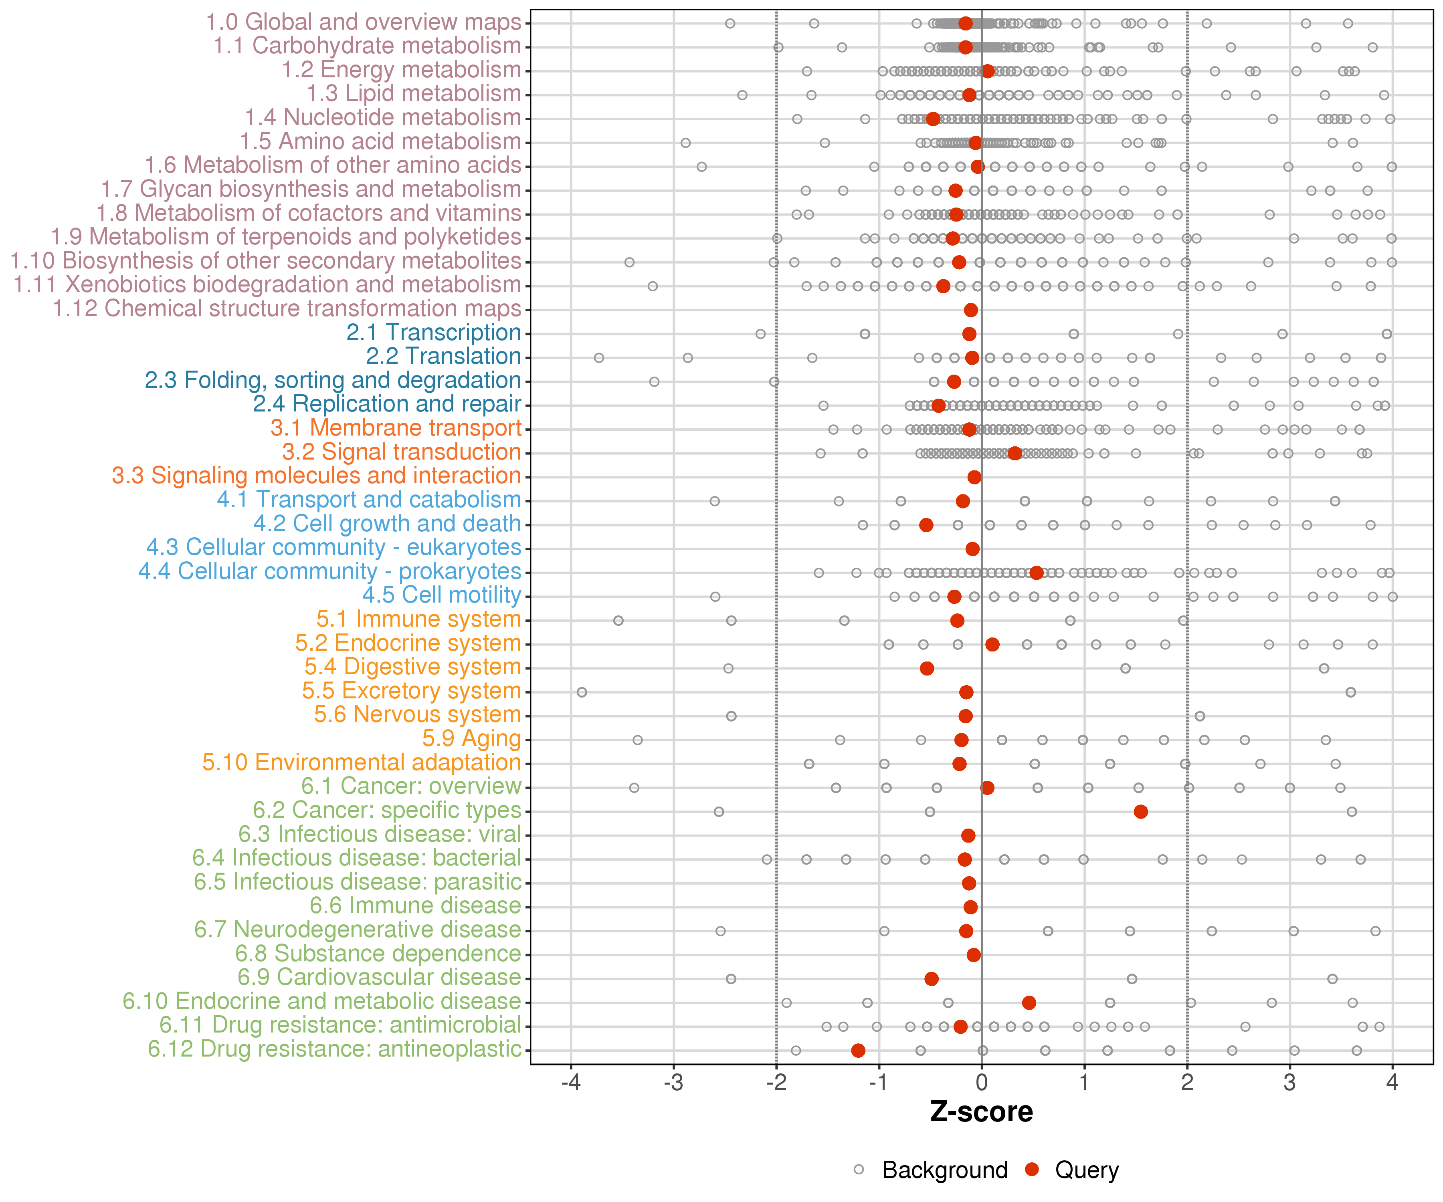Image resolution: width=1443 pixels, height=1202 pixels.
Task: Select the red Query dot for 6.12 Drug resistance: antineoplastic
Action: (858, 1050)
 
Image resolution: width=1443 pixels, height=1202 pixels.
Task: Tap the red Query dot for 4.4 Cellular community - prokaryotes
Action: (1036, 573)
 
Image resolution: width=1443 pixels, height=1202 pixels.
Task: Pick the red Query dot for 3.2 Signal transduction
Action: (1015, 453)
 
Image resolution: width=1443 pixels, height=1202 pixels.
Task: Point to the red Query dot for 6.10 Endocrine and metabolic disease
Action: (1029, 1003)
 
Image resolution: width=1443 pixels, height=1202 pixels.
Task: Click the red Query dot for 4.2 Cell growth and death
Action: (926, 525)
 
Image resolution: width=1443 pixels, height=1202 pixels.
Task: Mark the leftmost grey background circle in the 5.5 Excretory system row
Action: (582, 692)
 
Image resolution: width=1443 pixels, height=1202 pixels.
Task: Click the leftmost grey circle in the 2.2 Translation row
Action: (598, 358)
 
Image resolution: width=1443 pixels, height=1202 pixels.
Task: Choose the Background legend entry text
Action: (945, 1170)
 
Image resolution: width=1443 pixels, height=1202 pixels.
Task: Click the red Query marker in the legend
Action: (1031, 1169)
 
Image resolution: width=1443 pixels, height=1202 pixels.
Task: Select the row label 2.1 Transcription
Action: (434, 333)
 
